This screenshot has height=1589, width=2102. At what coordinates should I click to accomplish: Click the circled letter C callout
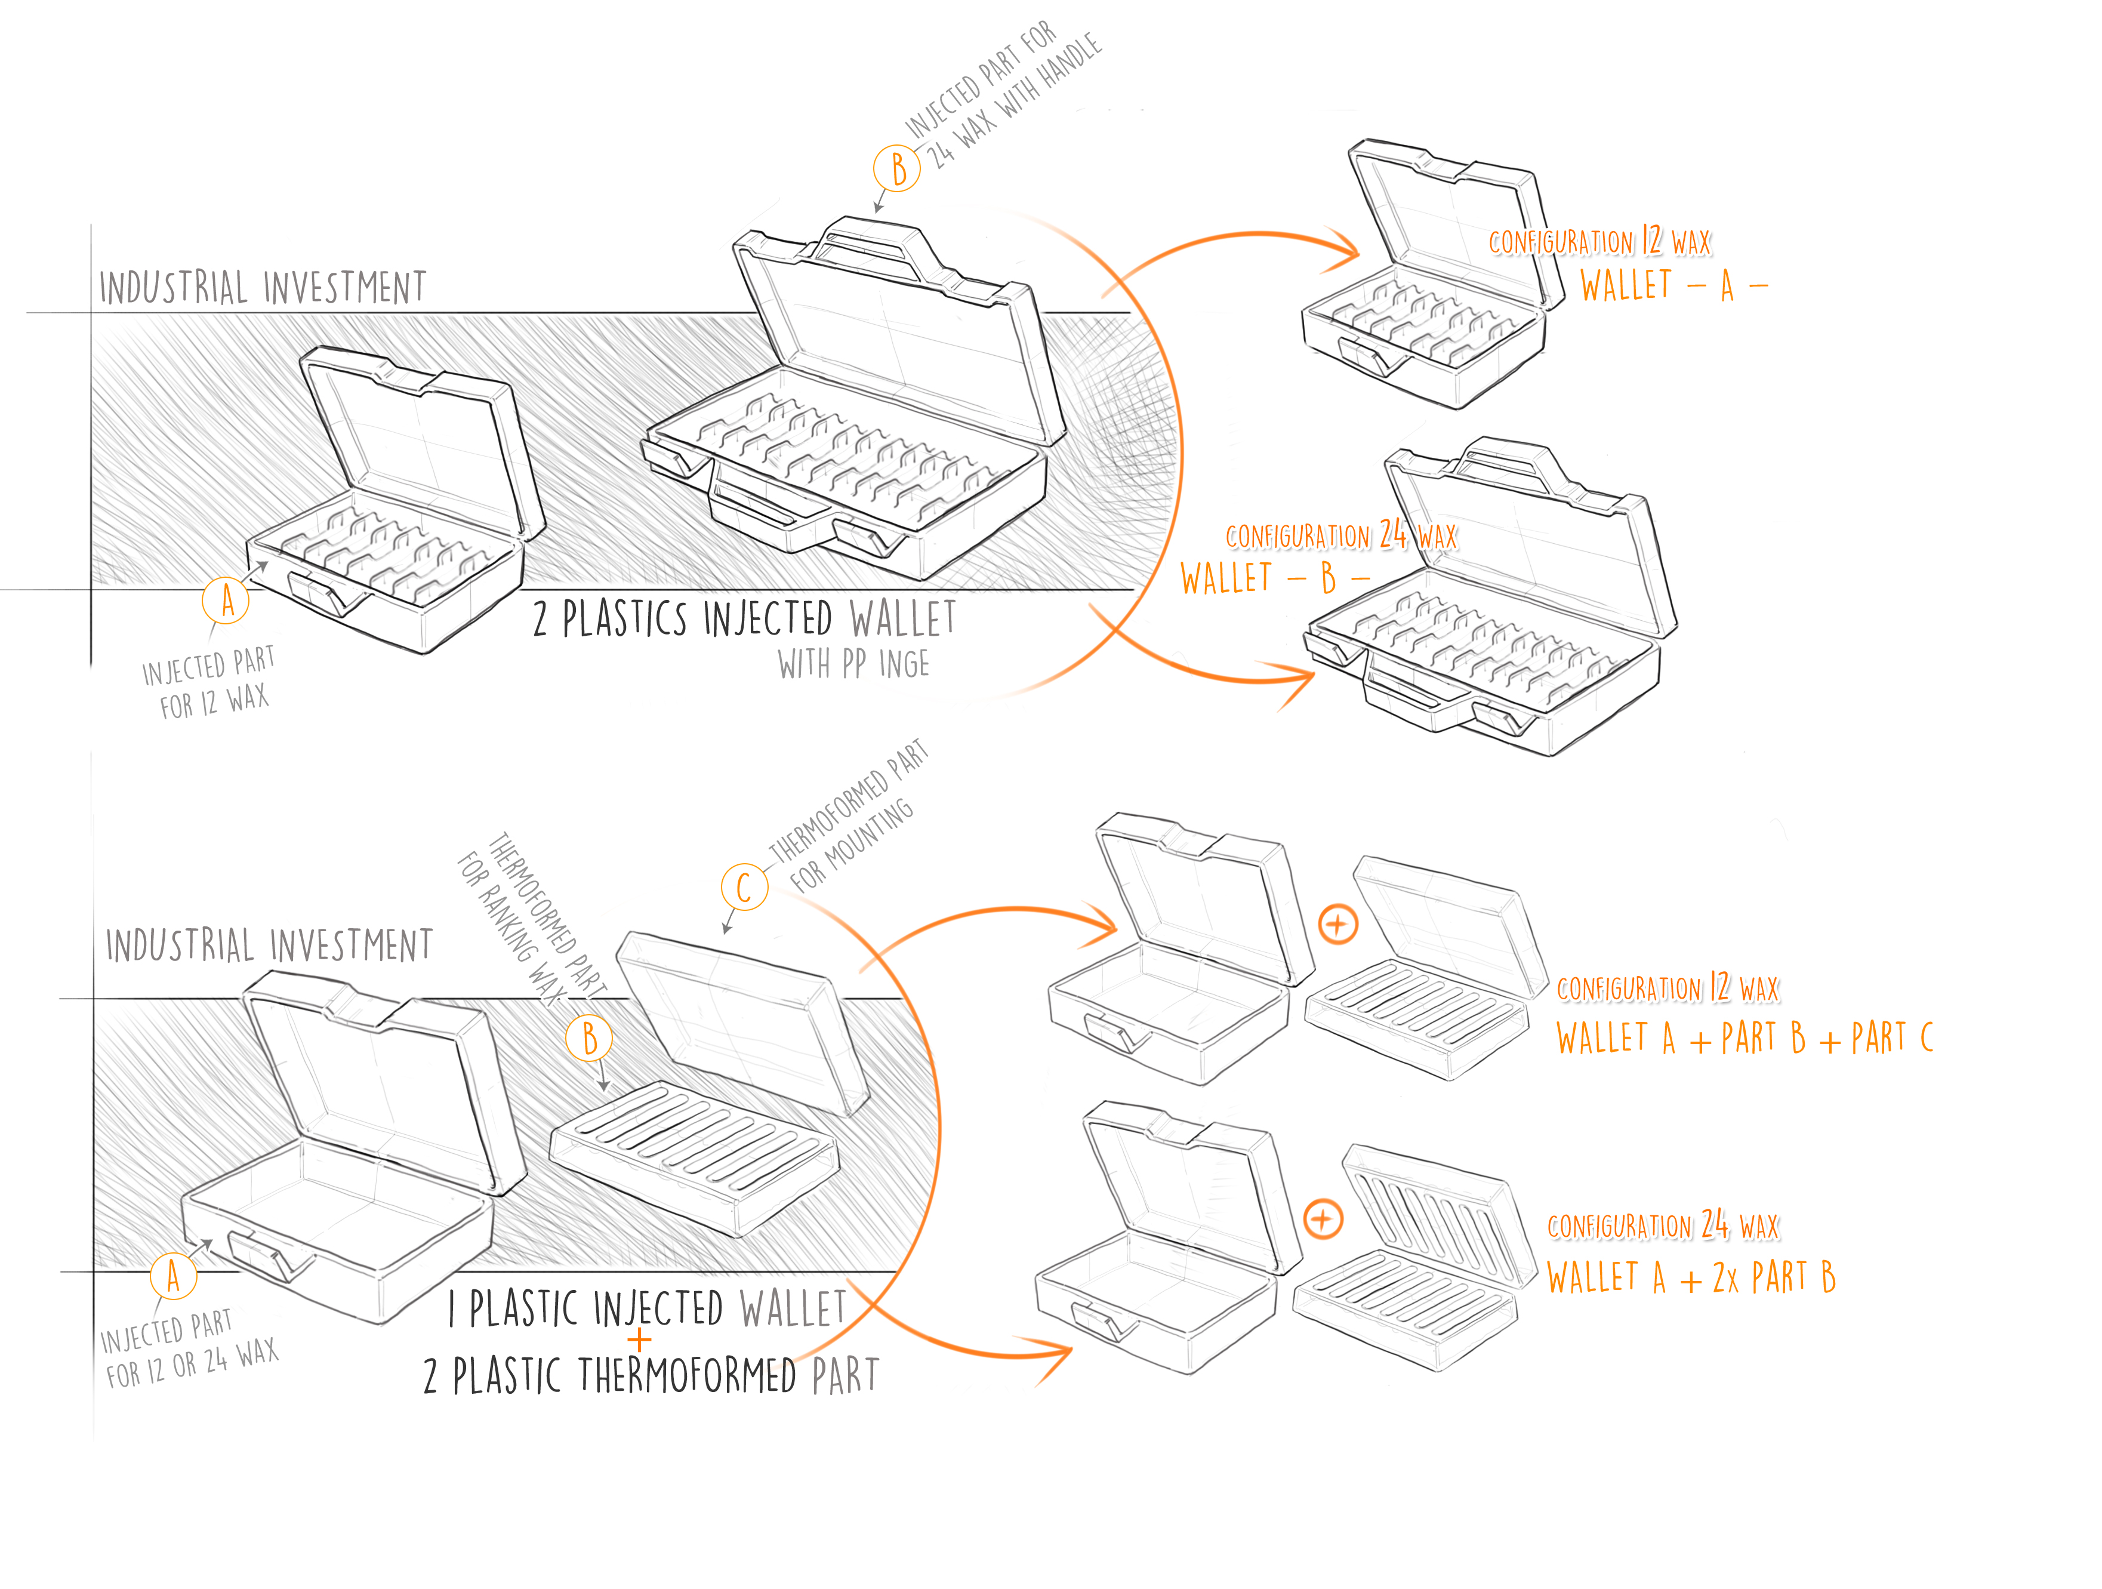pyautogui.click(x=744, y=888)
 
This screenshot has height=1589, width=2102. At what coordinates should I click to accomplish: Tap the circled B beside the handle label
pyautogui.click(x=897, y=169)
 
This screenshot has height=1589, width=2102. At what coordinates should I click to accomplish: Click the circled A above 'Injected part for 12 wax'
pyautogui.click(x=226, y=601)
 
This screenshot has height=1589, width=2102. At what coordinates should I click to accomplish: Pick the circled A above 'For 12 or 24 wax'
pyautogui.click(x=173, y=1276)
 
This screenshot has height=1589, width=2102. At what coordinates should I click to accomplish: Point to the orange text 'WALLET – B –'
pyautogui.click(x=1274, y=578)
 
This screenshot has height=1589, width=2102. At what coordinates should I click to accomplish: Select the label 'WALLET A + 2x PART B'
pyautogui.click(x=1691, y=1278)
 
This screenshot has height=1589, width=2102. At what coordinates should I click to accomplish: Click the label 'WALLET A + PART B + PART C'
pyautogui.click(x=1744, y=1038)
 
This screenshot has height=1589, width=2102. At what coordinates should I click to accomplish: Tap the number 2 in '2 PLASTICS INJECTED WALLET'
pyautogui.click(x=540, y=620)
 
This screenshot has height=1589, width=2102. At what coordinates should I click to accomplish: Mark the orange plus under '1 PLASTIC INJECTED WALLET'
pyautogui.click(x=640, y=1341)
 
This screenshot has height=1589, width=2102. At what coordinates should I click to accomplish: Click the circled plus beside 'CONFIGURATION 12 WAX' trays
pyautogui.click(x=1338, y=924)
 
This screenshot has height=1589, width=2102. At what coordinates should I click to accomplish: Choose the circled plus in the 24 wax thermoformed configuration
pyautogui.click(x=1323, y=1220)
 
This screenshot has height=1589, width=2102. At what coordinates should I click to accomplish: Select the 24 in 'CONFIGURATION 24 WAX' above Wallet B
pyautogui.click(x=1393, y=534)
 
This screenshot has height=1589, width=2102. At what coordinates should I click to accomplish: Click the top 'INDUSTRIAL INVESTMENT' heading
pyautogui.click(x=262, y=287)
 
